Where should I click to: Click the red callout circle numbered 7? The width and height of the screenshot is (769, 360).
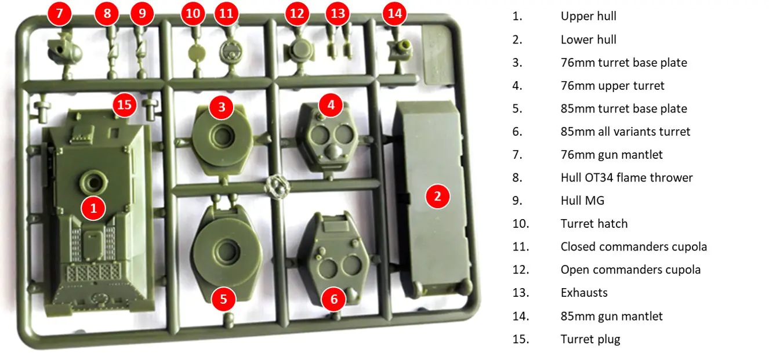coord(60,13)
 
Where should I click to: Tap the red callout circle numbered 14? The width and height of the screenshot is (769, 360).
coord(394,13)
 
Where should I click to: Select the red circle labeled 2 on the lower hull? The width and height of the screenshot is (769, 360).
coord(437,197)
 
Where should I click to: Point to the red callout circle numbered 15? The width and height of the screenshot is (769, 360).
coord(125,105)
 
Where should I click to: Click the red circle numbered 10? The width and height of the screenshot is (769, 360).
coord(193,13)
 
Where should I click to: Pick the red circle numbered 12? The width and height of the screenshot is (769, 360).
coord(297,13)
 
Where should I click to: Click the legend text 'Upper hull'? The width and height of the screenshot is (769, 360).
coord(588,16)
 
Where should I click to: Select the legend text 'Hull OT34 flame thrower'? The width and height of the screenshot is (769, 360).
coord(626,178)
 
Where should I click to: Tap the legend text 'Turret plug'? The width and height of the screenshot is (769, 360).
coord(590,339)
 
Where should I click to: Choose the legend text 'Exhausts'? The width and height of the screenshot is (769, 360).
coord(584,293)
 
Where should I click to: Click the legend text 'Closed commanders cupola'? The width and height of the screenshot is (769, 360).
coord(633,247)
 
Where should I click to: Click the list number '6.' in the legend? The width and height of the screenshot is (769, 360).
coord(517,132)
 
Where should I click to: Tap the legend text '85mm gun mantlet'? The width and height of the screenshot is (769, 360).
coord(611,316)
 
